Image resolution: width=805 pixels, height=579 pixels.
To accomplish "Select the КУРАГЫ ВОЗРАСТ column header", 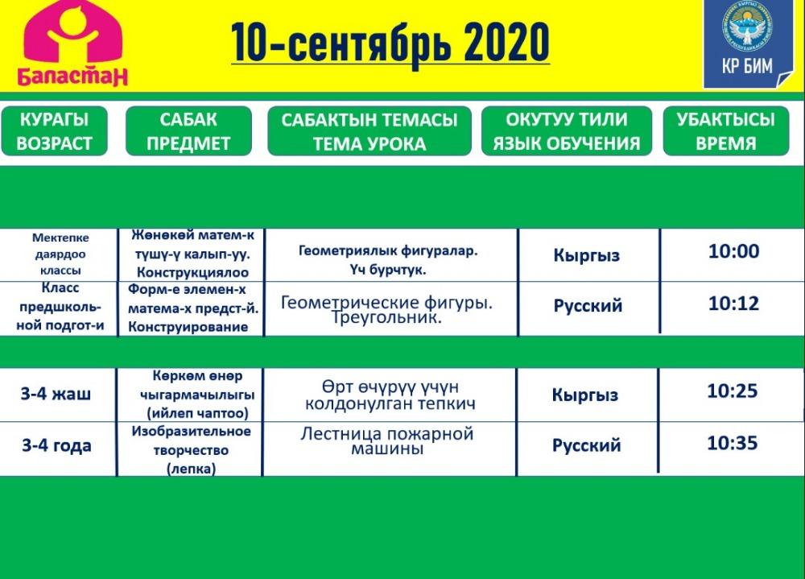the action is pyautogui.click(x=55, y=131).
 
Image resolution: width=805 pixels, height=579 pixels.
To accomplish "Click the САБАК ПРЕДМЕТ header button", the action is pyautogui.click(x=188, y=131).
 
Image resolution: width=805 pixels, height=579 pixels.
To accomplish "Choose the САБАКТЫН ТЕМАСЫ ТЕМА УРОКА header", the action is pyautogui.click(x=369, y=131).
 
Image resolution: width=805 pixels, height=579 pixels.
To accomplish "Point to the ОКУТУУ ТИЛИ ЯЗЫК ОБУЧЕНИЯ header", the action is pyautogui.click(x=566, y=131).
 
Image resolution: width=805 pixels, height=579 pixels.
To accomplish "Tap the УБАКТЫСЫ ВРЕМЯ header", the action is pyautogui.click(x=726, y=131).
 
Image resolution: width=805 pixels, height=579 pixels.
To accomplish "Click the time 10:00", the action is pyautogui.click(x=733, y=251).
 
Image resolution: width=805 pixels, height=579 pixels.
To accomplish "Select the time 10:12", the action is pyautogui.click(x=733, y=304).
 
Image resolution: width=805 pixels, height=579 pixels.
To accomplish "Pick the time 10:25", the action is pyautogui.click(x=732, y=391).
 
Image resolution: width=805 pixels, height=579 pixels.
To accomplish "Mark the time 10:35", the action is pyautogui.click(x=732, y=443).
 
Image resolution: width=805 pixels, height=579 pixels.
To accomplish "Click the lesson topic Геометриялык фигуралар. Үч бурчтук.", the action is pyautogui.click(x=388, y=260).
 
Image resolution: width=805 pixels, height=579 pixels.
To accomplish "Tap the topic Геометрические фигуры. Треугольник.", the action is pyautogui.click(x=386, y=309).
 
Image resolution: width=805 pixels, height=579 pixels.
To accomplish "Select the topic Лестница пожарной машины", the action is pyautogui.click(x=387, y=441).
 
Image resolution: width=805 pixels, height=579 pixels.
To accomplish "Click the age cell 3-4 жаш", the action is pyautogui.click(x=56, y=394).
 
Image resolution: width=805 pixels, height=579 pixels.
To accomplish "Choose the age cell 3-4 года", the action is pyautogui.click(x=56, y=445).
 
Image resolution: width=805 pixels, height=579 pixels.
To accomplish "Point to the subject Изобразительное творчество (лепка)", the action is pyautogui.click(x=191, y=450).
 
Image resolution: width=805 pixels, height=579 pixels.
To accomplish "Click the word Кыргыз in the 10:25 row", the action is pyautogui.click(x=585, y=395).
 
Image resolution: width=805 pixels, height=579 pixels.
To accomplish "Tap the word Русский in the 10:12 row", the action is pyautogui.click(x=588, y=306).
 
